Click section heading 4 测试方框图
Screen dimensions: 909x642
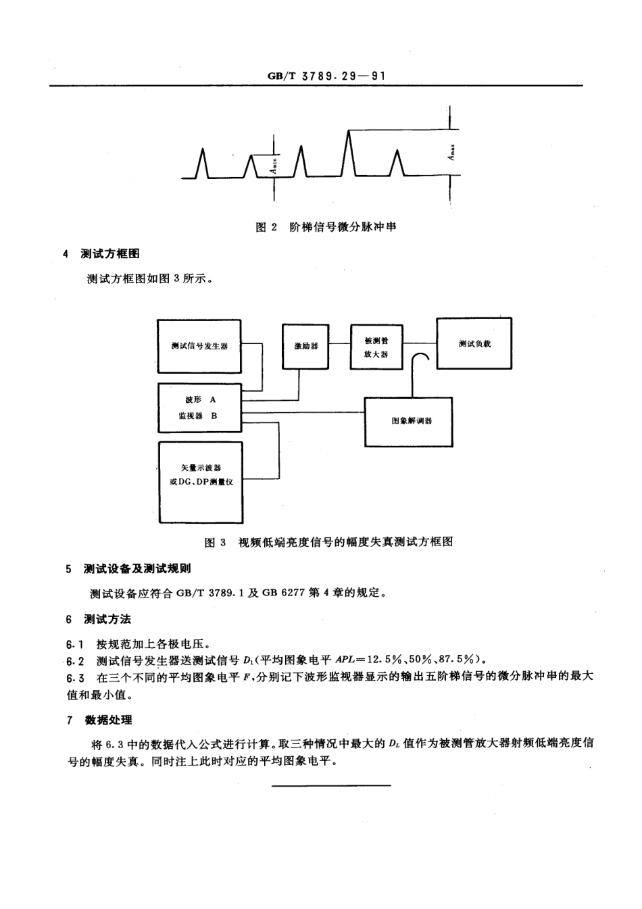101,254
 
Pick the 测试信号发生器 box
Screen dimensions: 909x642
199,345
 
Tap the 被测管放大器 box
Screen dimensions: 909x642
376,347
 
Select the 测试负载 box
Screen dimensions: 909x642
474,343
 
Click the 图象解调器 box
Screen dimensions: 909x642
409,421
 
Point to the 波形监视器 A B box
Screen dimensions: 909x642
199,408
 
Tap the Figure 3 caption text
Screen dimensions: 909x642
329,542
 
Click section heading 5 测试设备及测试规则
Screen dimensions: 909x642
128,568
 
